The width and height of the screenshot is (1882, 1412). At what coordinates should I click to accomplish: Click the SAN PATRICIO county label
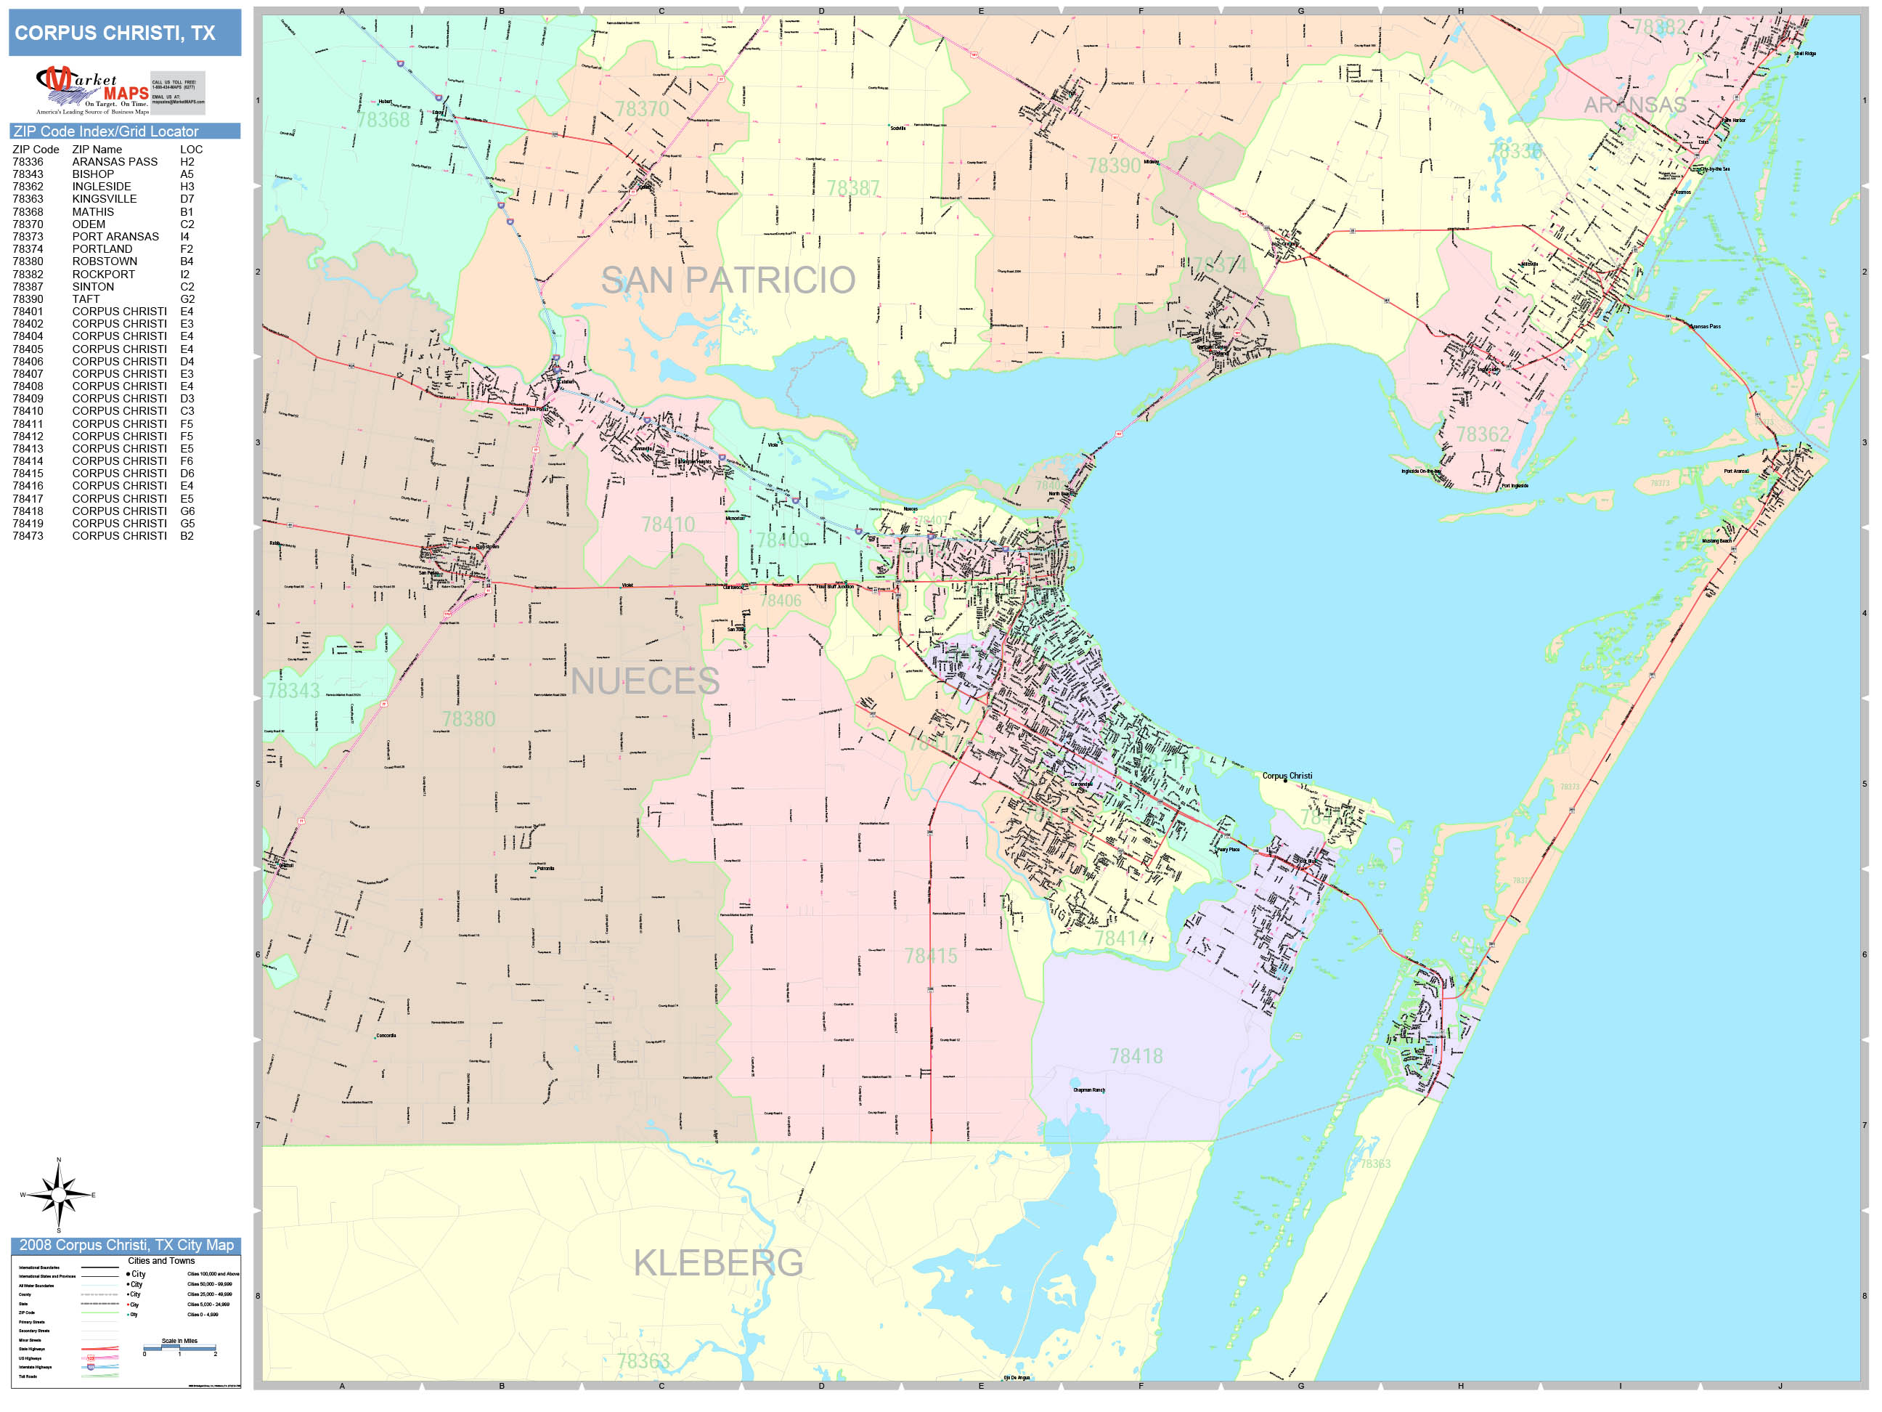(x=728, y=280)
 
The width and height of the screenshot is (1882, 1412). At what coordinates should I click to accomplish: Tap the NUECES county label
(x=645, y=681)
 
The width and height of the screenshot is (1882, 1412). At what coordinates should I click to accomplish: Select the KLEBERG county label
(x=718, y=1262)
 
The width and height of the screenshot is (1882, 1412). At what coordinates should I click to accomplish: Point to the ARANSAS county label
(x=1634, y=105)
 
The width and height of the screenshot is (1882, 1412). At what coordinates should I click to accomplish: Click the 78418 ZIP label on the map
(x=1136, y=1056)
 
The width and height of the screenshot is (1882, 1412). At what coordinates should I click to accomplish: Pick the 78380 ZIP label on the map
(x=468, y=719)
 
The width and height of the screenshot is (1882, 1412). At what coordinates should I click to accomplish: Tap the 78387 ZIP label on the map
(x=852, y=188)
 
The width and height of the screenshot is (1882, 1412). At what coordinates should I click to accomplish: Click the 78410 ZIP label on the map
(x=668, y=524)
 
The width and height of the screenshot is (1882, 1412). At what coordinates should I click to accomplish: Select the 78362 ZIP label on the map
(x=1482, y=435)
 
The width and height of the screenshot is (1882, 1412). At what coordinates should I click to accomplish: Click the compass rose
(x=58, y=1195)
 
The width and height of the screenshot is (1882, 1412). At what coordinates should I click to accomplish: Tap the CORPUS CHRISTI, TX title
(x=115, y=33)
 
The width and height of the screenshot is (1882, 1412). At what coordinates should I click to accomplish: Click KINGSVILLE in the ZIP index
(x=104, y=199)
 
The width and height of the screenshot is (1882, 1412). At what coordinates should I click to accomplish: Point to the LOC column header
(x=190, y=149)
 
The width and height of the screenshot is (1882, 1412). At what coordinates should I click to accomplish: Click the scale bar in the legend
(x=179, y=1348)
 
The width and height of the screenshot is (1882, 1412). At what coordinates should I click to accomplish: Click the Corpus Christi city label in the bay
(x=1287, y=776)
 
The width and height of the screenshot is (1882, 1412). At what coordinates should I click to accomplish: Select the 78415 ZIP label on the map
(x=930, y=956)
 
